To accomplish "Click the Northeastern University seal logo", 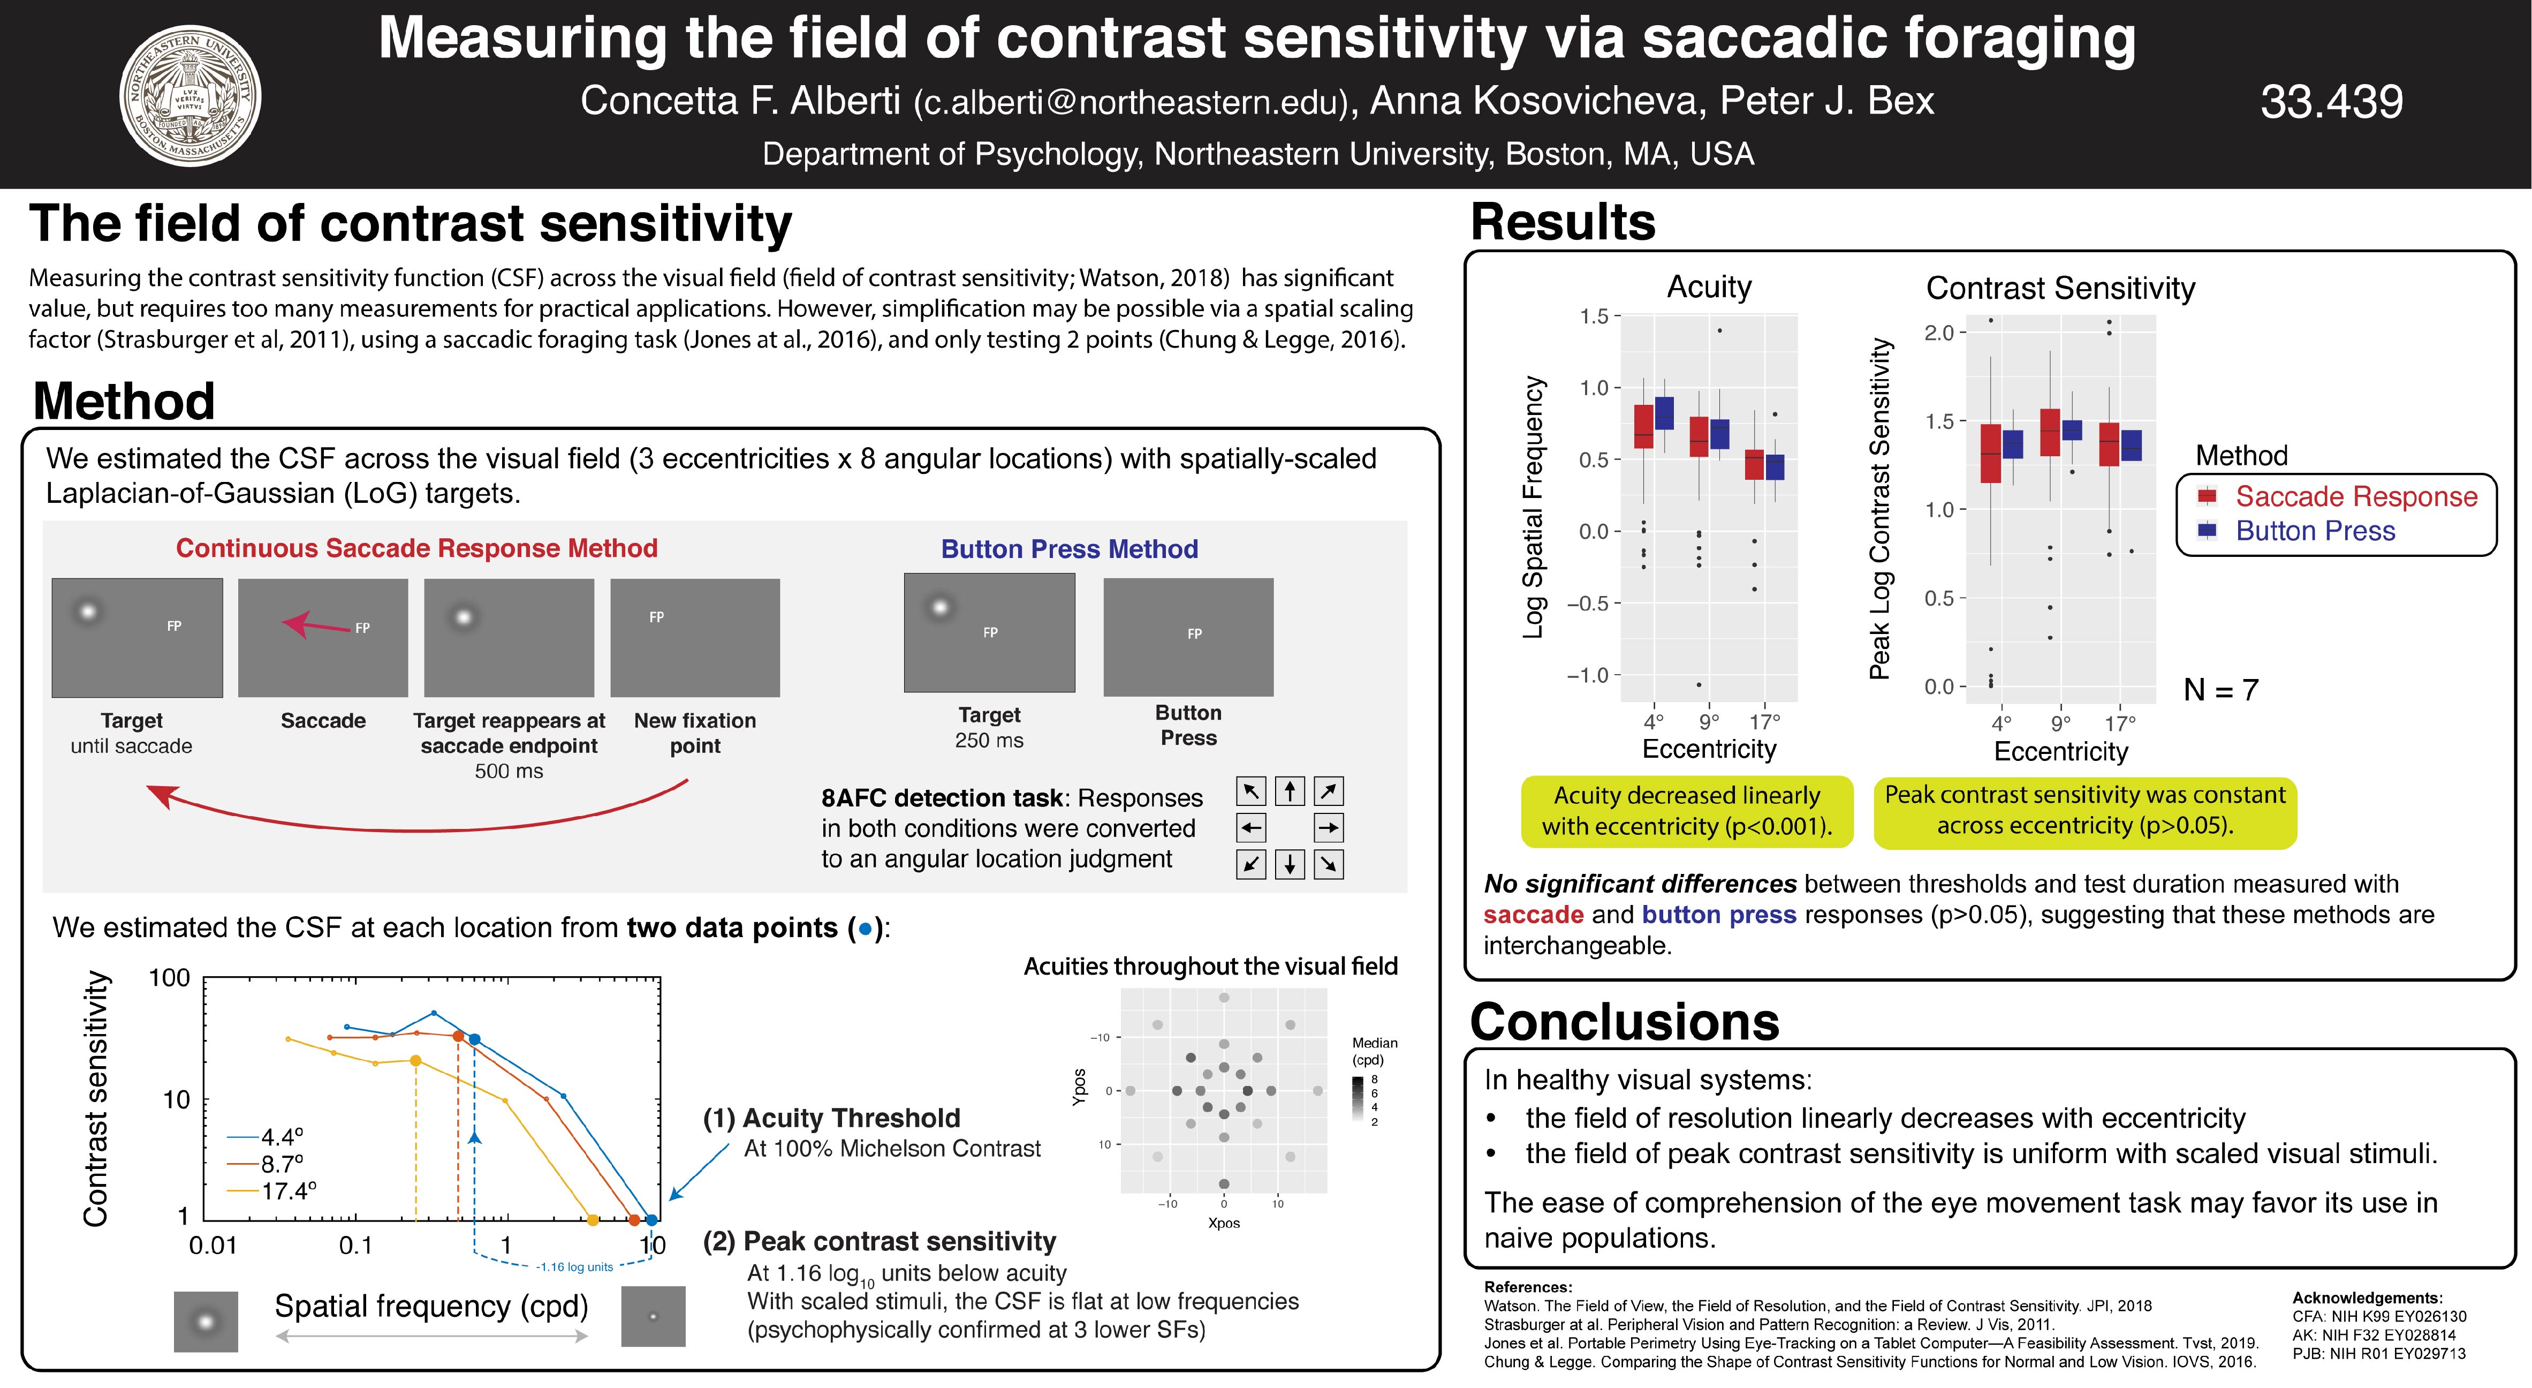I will tap(189, 95).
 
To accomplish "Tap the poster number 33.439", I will tap(2331, 101).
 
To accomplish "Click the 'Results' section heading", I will tap(1563, 222).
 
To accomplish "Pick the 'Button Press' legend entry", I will tap(2315, 531).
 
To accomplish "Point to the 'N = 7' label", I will tap(2220, 690).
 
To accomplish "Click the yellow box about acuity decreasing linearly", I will tap(1687, 811).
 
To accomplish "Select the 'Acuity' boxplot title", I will tap(1709, 287).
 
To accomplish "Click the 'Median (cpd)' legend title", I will tap(1374, 1051).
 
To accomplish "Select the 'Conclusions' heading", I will tap(1624, 1022).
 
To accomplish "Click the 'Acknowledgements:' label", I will tap(2367, 1298).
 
